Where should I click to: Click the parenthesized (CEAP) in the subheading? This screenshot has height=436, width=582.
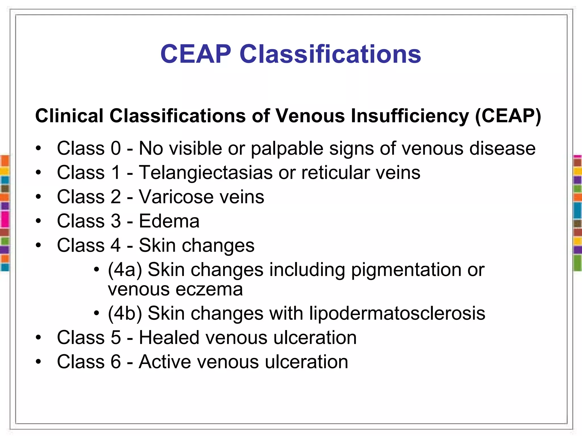point(508,116)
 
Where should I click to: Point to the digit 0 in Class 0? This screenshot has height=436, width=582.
point(116,148)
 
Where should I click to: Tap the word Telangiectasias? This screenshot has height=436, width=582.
point(206,173)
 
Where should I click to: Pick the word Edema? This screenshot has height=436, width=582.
point(169,221)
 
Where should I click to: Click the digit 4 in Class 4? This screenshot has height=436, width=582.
point(116,245)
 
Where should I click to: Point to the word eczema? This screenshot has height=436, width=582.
point(209,290)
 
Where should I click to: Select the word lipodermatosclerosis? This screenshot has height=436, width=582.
point(397,314)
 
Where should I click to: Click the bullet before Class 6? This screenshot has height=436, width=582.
point(38,362)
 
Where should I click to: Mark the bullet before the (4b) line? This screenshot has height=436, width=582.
point(97,313)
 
